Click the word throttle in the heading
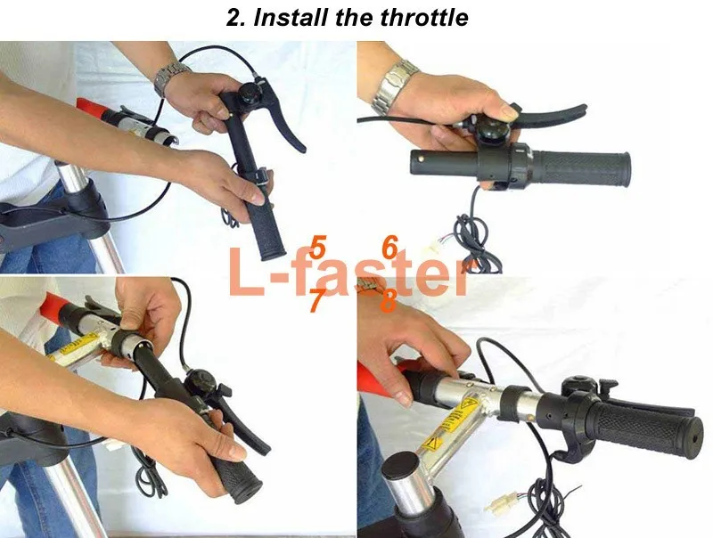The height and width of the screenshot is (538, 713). click(x=424, y=17)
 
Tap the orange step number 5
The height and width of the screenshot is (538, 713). click(x=318, y=249)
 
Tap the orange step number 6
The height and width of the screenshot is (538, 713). click(x=390, y=249)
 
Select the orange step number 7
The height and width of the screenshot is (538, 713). click(x=317, y=300)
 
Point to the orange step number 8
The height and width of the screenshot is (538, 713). click(x=388, y=301)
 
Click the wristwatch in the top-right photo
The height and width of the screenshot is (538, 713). click(x=393, y=86)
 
